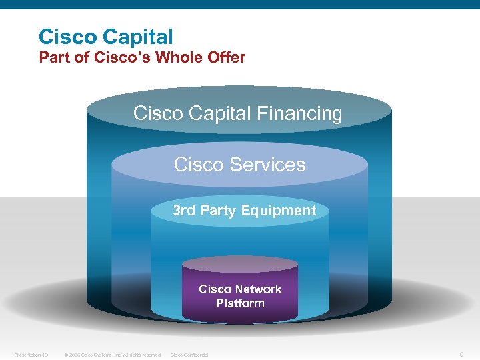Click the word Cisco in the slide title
(67, 37)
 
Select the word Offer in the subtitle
(225, 57)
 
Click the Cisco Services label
(239, 164)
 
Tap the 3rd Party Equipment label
(244, 211)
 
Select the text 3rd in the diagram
(185, 211)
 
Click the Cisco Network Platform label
(240, 296)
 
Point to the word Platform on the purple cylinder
(240, 303)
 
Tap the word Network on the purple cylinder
(257, 289)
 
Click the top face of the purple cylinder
(240, 264)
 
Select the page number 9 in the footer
(463, 355)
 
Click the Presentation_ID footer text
(31, 355)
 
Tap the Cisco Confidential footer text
(190, 355)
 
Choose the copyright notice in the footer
(113, 355)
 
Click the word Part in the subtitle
(53, 57)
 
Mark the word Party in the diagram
(218, 211)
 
